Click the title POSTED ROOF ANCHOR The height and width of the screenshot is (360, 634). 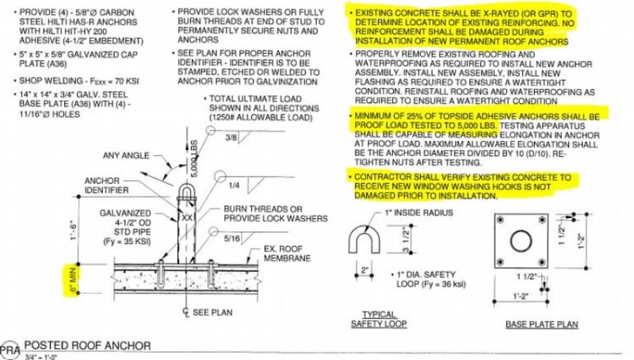click(87, 346)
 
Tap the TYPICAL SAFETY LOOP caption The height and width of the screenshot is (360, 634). click(380, 319)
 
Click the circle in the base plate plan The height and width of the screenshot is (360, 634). click(525, 243)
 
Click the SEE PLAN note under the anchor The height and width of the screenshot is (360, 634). click(207, 312)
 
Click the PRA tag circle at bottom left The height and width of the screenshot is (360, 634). click(10, 350)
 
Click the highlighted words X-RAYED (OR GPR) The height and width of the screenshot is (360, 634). click(531, 14)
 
